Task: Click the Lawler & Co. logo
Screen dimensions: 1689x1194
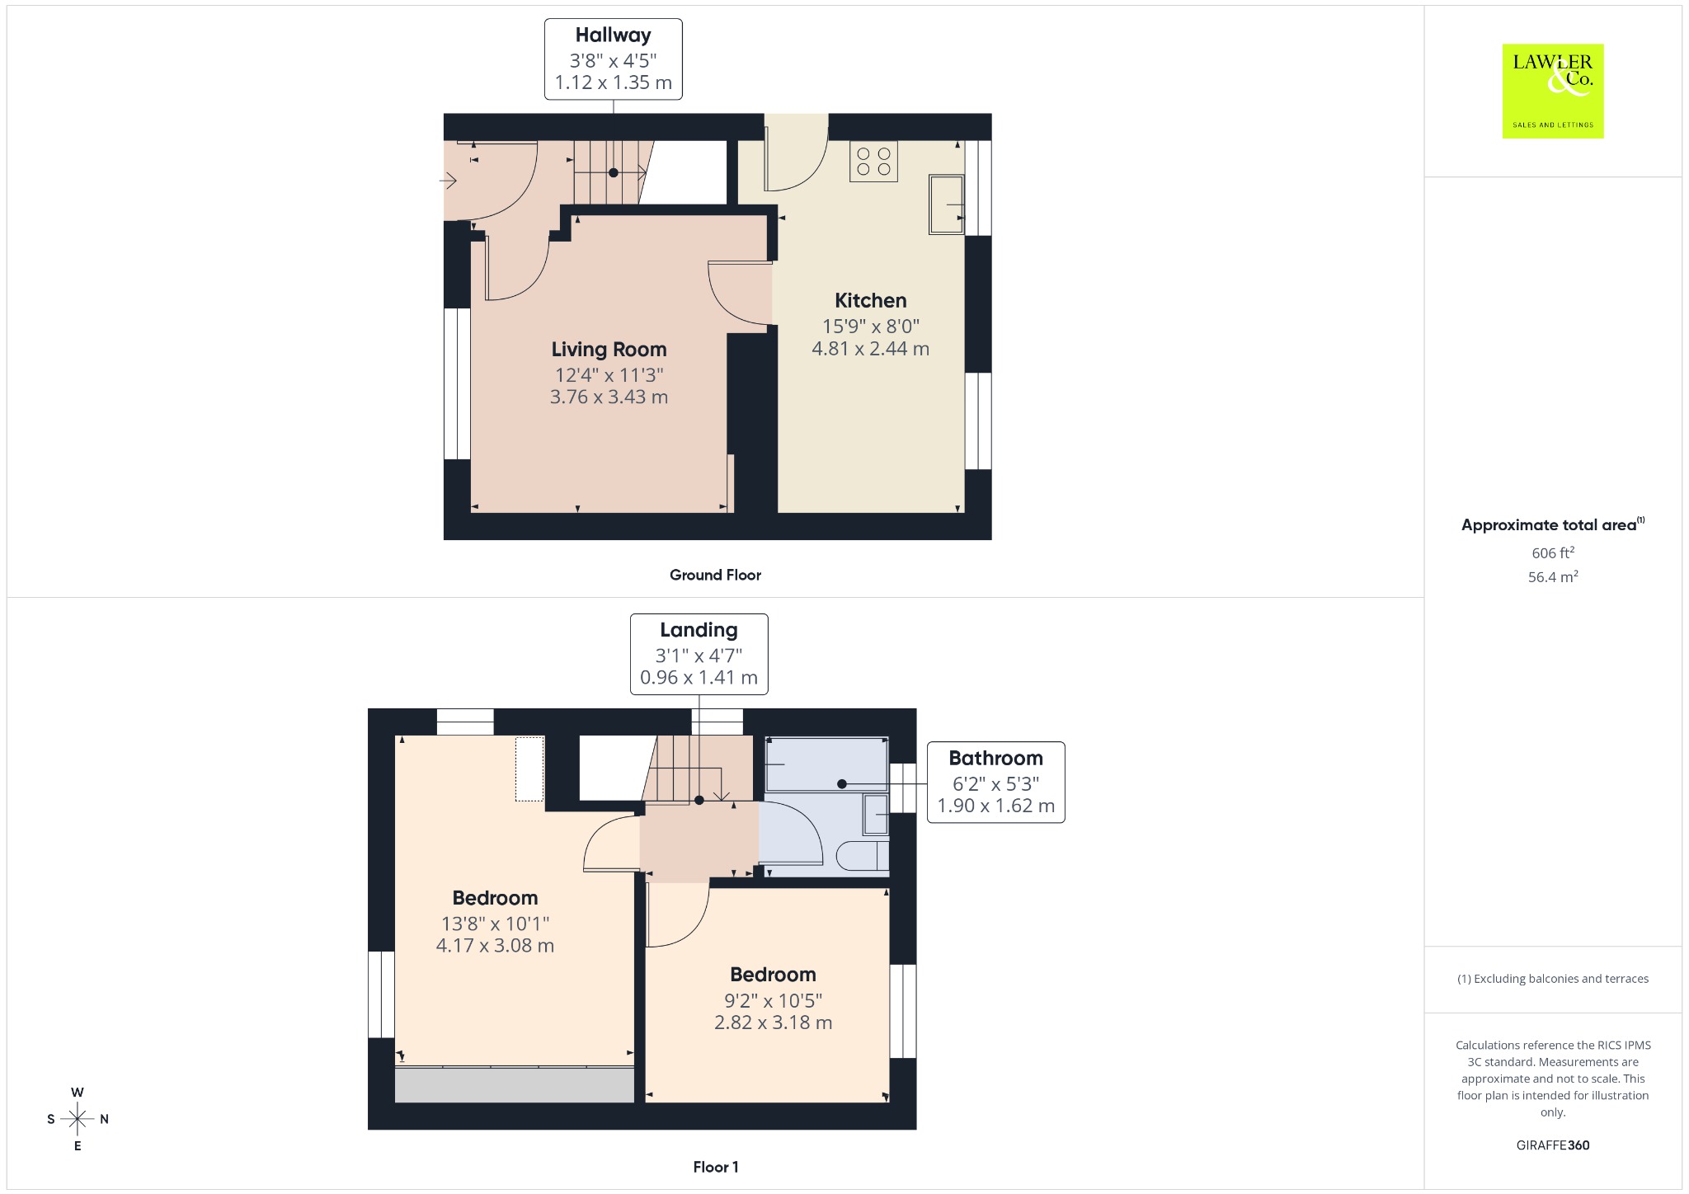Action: coord(1552,91)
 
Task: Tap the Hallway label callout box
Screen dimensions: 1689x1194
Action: coord(613,59)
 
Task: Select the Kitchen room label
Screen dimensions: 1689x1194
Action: coord(870,300)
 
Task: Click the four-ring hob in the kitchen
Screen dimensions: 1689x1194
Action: coord(873,161)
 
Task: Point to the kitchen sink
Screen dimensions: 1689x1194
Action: coord(946,204)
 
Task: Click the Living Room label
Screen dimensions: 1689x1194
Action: coord(609,350)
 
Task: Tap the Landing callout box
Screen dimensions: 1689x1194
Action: coord(699,654)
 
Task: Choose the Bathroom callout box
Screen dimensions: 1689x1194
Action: coord(995,782)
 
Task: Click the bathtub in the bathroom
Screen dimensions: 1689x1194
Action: coord(826,764)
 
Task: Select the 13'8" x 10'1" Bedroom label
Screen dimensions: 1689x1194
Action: coord(495,898)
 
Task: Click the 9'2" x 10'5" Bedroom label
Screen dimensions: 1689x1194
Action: coord(773,975)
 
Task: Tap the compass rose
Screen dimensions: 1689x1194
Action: coord(78,1119)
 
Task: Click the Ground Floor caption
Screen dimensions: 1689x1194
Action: coord(715,575)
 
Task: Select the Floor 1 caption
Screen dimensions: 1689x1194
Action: coord(716,1167)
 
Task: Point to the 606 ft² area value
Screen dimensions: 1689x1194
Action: coord(1553,552)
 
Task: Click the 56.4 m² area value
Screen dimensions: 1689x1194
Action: coord(1553,576)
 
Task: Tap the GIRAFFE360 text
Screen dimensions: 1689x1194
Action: coord(1553,1145)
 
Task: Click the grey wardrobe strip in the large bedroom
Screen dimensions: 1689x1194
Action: coord(515,1084)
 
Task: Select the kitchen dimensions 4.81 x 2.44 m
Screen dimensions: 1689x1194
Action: coord(870,349)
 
